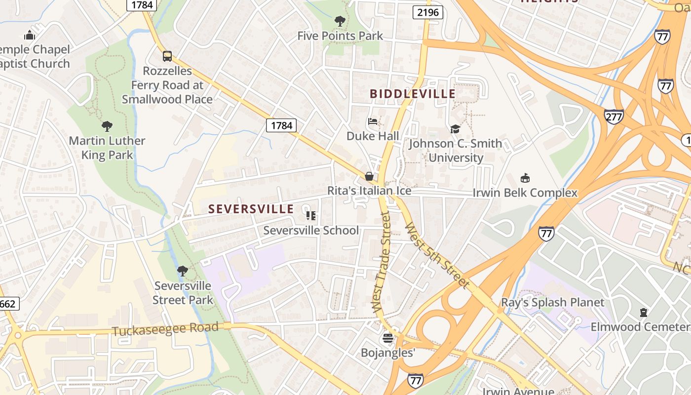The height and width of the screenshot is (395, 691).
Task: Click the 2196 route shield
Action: click(x=427, y=12)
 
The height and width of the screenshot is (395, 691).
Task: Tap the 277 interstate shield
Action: click(x=614, y=117)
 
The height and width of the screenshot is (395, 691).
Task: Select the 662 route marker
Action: click(x=8, y=303)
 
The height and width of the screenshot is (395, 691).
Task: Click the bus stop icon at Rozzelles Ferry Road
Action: click(x=167, y=56)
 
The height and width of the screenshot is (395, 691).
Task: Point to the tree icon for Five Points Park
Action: click(x=340, y=21)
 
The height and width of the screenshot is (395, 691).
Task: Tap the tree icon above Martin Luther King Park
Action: click(x=107, y=126)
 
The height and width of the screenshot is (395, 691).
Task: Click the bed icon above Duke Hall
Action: click(x=373, y=121)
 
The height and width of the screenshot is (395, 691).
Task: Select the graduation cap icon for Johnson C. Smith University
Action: click(x=455, y=129)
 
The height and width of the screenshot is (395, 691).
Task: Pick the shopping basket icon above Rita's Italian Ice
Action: click(x=369, y=176)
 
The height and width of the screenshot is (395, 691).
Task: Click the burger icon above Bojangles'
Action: click(x=387, y=338)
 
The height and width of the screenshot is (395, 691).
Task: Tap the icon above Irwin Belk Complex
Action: click(x=525, y=178)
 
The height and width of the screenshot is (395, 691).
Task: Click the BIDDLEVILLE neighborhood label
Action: click(x=413, y=94)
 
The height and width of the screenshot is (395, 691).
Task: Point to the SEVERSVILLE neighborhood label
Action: click(x=251, y=209)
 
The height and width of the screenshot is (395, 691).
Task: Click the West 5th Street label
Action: click(x=436, y=255)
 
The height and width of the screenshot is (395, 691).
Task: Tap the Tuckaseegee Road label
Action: click(x=165, y=329)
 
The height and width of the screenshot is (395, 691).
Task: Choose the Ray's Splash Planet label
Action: click(x=552, y=302)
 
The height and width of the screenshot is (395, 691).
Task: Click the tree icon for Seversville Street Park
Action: click(x=182, y=271)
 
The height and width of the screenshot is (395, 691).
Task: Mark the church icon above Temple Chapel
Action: click(x=30, y=35)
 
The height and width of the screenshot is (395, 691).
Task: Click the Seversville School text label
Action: click(x=311, y=230)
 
